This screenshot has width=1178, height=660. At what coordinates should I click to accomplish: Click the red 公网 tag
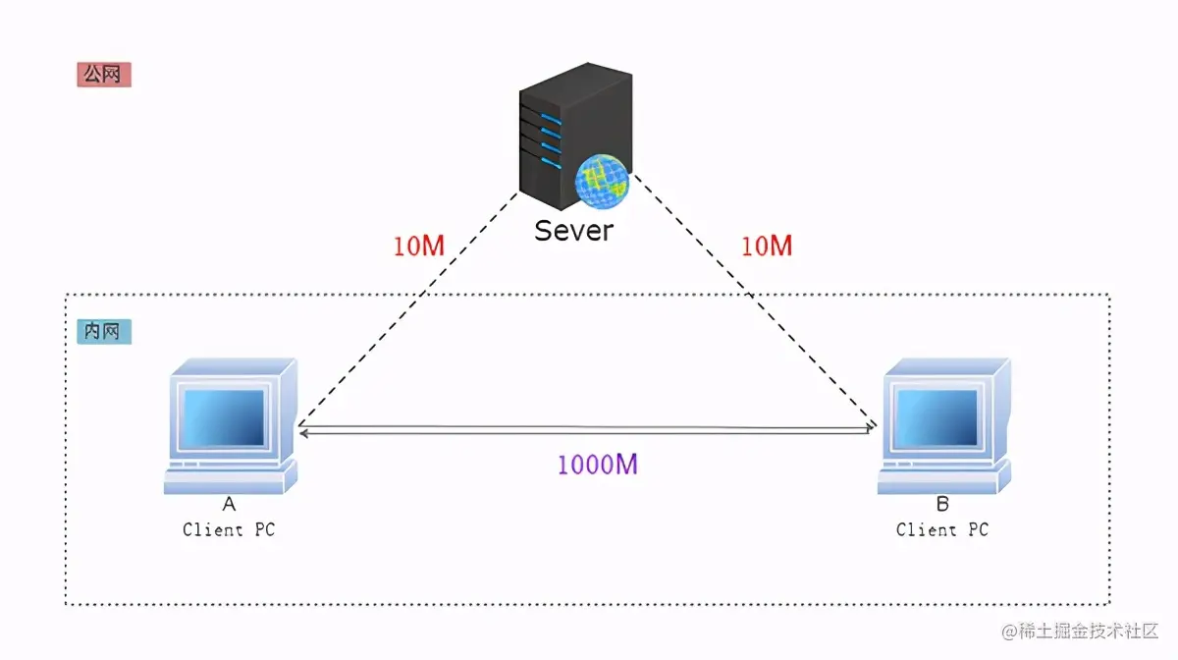[x=103, y=75]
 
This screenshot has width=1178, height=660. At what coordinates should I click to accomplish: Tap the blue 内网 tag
[x=103, y=332]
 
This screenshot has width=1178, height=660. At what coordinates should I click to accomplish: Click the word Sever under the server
[x=573, y=230]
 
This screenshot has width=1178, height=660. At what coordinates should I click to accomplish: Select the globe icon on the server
[x=602, y=180]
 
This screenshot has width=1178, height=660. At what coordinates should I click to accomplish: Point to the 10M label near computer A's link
[x=419, y=246]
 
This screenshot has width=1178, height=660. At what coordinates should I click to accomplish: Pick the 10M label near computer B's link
[x=766, y=246]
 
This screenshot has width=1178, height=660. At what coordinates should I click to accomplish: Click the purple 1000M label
[x=597, y=465]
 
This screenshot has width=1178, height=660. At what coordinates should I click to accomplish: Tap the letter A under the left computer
[x=229, y=505]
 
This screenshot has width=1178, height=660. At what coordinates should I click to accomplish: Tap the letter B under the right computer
[x=942, y=505]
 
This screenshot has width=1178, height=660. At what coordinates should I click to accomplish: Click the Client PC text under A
[x=229, y=529]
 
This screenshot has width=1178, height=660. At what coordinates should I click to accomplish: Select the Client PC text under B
[x=942, y=529]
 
